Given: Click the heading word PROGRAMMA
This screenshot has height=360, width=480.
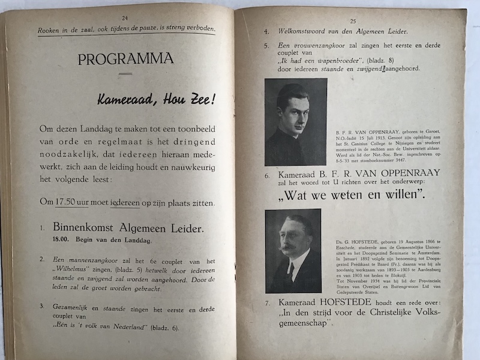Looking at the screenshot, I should (x=125, y=59).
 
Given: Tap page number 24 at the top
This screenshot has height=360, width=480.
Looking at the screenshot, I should (x=125, y=19).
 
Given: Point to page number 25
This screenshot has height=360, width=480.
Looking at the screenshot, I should (x=353, y=20).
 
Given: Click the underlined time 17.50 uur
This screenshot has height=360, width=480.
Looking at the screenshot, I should (x=71, y=203).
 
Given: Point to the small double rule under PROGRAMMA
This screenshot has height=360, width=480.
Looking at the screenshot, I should (x=125, y=74).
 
